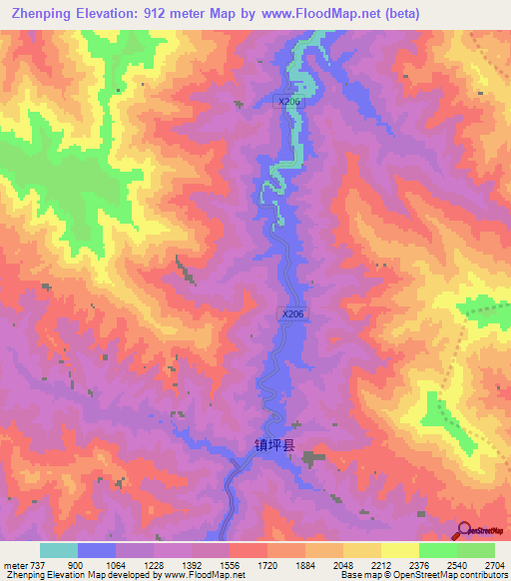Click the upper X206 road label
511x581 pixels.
pyautogui.click(x=288, y=101)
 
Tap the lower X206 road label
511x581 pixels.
pyautogui.click(x=292, y=313)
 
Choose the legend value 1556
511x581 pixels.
pyautogui.click(x=230, y=564)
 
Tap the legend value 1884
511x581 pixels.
pyautogui.click(x=305, y=564)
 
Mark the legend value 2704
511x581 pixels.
pyautogui.click(x=493, y=564)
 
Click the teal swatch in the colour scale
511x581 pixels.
pyautogui.click(x=59, y=550)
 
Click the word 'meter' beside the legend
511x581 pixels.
pyautogui.click(x=15, y=564)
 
